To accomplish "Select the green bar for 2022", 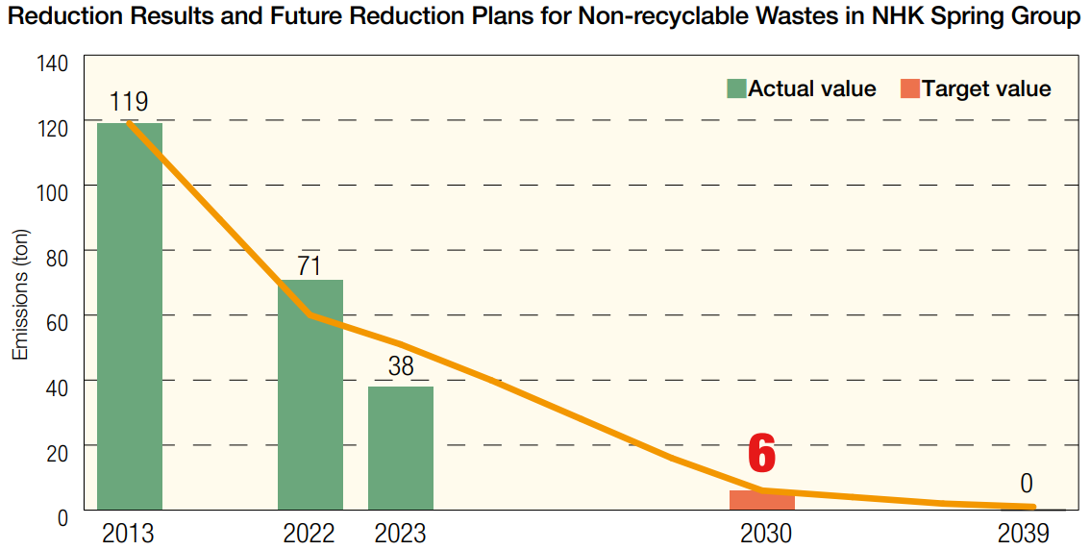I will point(310,394).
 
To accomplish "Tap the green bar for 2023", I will point(400,447).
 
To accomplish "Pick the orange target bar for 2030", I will point(761,500).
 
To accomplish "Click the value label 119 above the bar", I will point(128,102).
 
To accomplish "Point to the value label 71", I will point(309,265).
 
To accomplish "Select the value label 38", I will point(400,366).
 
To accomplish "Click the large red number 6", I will point(761,454).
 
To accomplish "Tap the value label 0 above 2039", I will point(1027,484).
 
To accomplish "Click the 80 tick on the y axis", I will point(57,257).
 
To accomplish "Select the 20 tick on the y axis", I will point(57,452).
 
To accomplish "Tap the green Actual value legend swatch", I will point(736,89).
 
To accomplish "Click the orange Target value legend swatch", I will point(909,89).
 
